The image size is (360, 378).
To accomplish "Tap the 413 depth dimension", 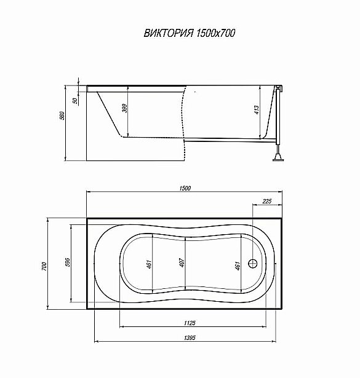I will (257, 111).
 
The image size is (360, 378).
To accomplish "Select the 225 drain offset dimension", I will (267, 201).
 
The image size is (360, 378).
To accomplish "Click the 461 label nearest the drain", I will (237, 266).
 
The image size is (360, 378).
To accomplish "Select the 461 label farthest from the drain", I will (149, 266).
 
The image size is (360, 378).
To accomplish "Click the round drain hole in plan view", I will (253, 264).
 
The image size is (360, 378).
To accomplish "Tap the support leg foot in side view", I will (279, 160).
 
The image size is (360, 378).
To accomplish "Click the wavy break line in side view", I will (183, 117).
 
